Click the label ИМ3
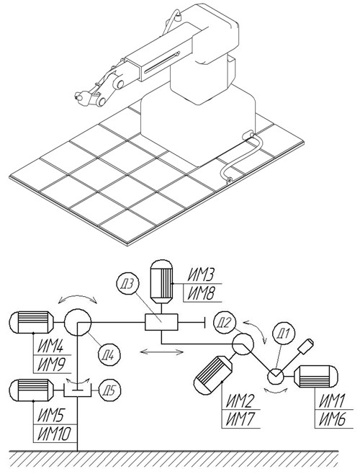201,275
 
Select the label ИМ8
201,293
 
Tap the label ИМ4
50,346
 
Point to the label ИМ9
50,365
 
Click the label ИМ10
54,434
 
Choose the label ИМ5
50,416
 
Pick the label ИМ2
239,401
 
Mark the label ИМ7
239,419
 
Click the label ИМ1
332,401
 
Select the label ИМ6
332,419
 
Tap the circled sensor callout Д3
127,285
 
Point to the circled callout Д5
110,390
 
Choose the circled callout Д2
224,323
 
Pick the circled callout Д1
283,334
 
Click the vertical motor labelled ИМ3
161,281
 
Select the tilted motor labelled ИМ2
213,375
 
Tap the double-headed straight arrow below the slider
162,352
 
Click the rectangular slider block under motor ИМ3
161,322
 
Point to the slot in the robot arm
162,62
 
